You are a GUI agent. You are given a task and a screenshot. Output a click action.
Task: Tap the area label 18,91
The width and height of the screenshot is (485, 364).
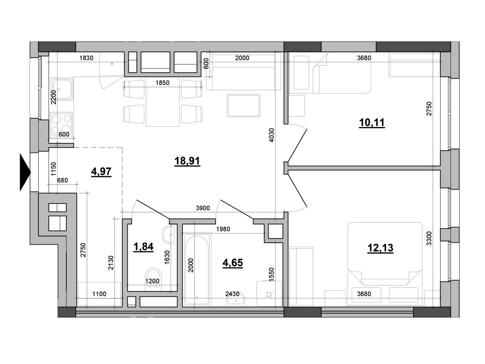(x=187, y=161)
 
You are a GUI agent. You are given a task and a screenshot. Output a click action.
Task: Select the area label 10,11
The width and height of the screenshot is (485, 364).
(x=372, y=123)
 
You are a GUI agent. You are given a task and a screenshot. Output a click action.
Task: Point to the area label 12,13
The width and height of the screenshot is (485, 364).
(x=380, y=248)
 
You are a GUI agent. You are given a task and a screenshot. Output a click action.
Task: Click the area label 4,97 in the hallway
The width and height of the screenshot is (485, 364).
(x=101, y=172)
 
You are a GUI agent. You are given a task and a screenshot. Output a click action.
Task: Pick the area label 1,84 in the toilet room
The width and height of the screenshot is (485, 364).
(x=143, y=247)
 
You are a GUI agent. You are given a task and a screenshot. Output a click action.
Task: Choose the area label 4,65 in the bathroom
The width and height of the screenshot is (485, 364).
(x=233, y=263)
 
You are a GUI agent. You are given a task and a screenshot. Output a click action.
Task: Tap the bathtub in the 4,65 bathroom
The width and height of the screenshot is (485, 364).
(x=197, y=270)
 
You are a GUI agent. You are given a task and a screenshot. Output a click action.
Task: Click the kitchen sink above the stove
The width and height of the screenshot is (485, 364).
(x=62, y=89)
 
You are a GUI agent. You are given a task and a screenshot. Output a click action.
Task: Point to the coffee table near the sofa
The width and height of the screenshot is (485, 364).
(x=244, y=105)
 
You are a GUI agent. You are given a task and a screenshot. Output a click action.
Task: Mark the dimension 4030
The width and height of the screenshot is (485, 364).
(x=271, y=135)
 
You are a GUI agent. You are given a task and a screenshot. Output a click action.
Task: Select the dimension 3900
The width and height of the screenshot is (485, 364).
(x=203, y=208)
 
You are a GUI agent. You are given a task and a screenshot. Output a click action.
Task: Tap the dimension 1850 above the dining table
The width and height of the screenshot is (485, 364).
(x=162, y=83)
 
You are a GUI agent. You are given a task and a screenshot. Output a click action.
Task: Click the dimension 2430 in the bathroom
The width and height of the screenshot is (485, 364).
(x=232, y=294)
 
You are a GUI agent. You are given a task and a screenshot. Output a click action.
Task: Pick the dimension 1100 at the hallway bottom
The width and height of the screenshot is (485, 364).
(x=99, y=294)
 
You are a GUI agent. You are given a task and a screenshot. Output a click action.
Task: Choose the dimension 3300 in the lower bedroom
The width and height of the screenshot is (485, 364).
(x=429, y=238)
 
